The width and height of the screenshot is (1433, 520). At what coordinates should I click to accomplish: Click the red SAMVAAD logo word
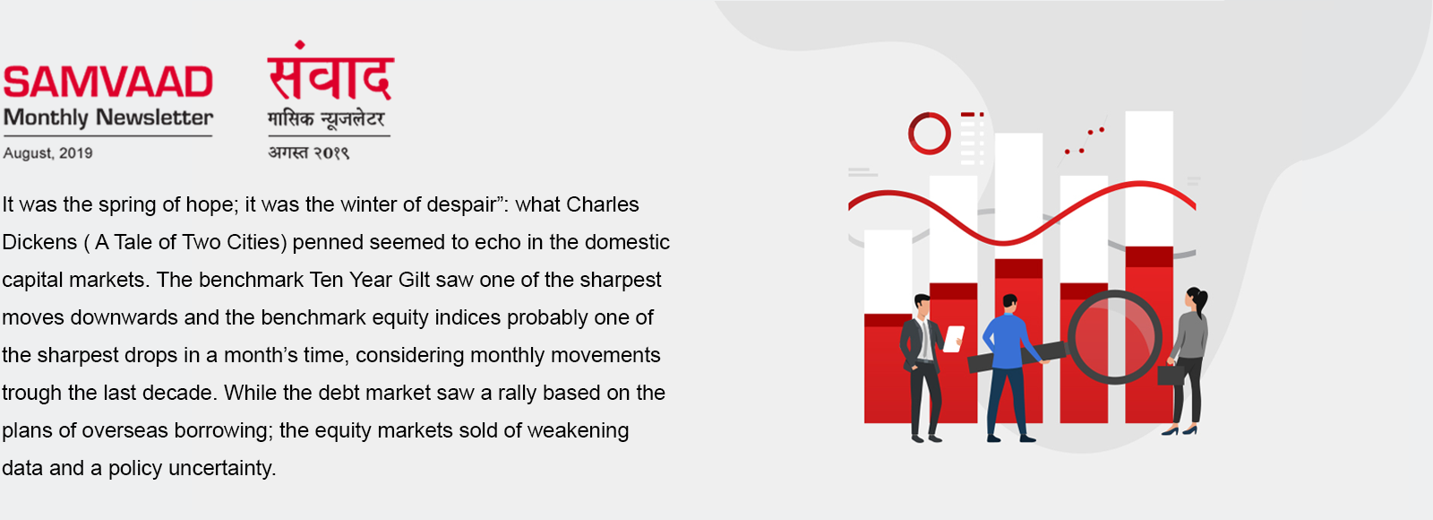(x=107, y=82)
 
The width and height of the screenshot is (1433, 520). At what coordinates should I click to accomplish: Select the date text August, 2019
(x=48, y=153)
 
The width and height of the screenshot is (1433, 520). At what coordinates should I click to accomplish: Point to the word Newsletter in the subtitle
(x=154, y=117)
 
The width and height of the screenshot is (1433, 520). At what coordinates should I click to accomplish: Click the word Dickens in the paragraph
(x=39, y=242)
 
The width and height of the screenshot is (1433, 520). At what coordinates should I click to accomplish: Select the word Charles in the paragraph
(x=603, y=204)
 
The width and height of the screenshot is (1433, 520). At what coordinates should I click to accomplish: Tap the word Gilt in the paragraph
(x=414, y=280)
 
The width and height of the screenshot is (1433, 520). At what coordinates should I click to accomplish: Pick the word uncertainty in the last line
(x=222, y=468)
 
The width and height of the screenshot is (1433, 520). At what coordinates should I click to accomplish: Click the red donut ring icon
(x=929, y=134)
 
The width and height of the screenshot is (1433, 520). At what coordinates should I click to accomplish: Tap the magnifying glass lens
(x=1114, y=337)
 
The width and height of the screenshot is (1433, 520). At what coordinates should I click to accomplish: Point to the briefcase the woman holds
(x=1171, y=374)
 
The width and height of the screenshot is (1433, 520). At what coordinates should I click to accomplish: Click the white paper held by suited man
(x=954, y=339)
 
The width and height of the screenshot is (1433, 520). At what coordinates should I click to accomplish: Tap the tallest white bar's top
(x=1149, y=113)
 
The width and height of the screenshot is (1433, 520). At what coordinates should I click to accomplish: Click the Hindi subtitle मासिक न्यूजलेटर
(x=326, y=119)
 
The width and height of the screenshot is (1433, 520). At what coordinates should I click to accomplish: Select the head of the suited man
(x=922, y=305)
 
